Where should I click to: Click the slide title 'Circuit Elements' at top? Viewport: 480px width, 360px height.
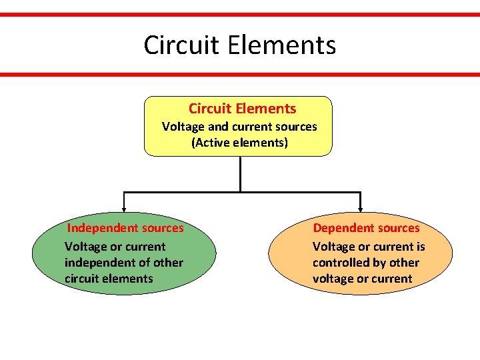(x=239, y=45)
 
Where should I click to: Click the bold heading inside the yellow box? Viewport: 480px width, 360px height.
(x=242, y=109)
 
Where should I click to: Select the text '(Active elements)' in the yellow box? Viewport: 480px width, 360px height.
(x=240, y=143)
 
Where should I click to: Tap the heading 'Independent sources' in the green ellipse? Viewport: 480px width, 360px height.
(x=125, y=228)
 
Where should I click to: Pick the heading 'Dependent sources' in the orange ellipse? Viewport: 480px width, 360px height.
(x=367, y=228)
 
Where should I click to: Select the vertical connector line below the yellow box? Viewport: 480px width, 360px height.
(x=240, y=175)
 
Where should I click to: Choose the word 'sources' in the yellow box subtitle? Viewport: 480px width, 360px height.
(x=295, y=127)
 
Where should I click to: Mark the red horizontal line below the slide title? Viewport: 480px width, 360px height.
(x=240, y=75)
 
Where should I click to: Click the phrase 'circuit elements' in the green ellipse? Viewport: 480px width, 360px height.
(x=109, y=279)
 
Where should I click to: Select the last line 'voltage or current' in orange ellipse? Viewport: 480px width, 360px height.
(x=362, y=279)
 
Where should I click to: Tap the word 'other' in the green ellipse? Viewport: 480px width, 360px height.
(x=169, y=263)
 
